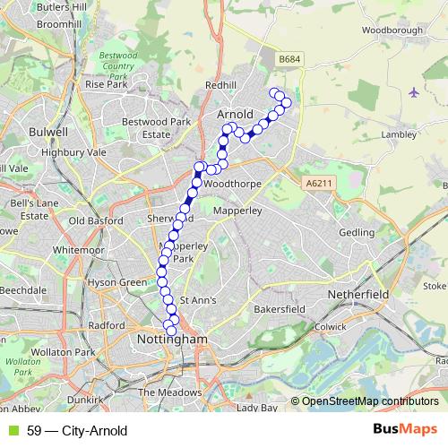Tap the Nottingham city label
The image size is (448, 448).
173,340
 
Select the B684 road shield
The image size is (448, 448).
289,59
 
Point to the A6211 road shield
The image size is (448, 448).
317,184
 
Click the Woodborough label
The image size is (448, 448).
392,30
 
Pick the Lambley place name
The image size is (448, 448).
398,135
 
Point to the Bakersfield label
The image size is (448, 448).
280,309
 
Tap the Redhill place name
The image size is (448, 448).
220,85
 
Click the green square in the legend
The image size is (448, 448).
12,431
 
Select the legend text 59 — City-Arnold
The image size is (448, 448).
78,431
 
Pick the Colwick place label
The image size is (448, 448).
331,327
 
